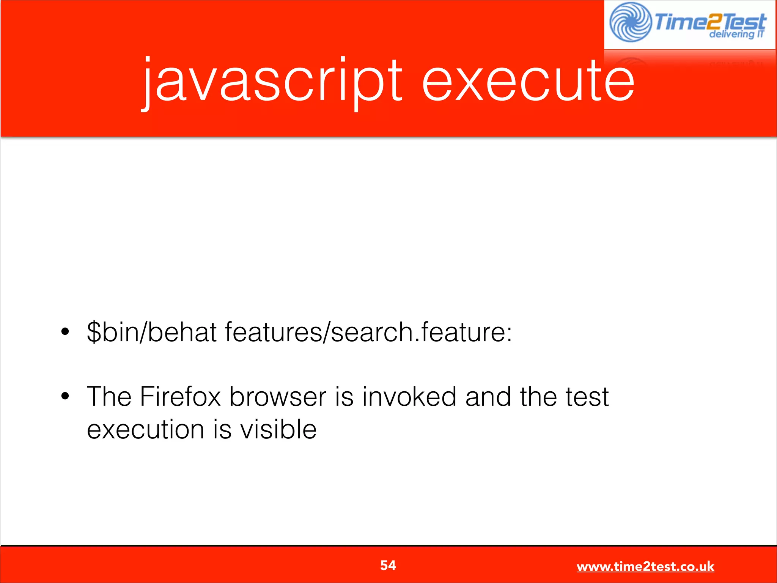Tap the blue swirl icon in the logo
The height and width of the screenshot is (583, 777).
(x=630, y=22)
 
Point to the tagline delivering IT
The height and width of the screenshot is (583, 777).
(x=736, y=35)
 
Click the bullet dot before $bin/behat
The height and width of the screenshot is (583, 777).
(x=65, y=332)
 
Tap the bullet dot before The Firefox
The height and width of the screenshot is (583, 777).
(x=65, y=396)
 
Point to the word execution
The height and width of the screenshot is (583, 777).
(x=146, y=430)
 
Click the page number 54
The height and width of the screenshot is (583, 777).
(x=388, y=566)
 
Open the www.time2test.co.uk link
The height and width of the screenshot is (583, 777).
(x=645, y=567)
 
